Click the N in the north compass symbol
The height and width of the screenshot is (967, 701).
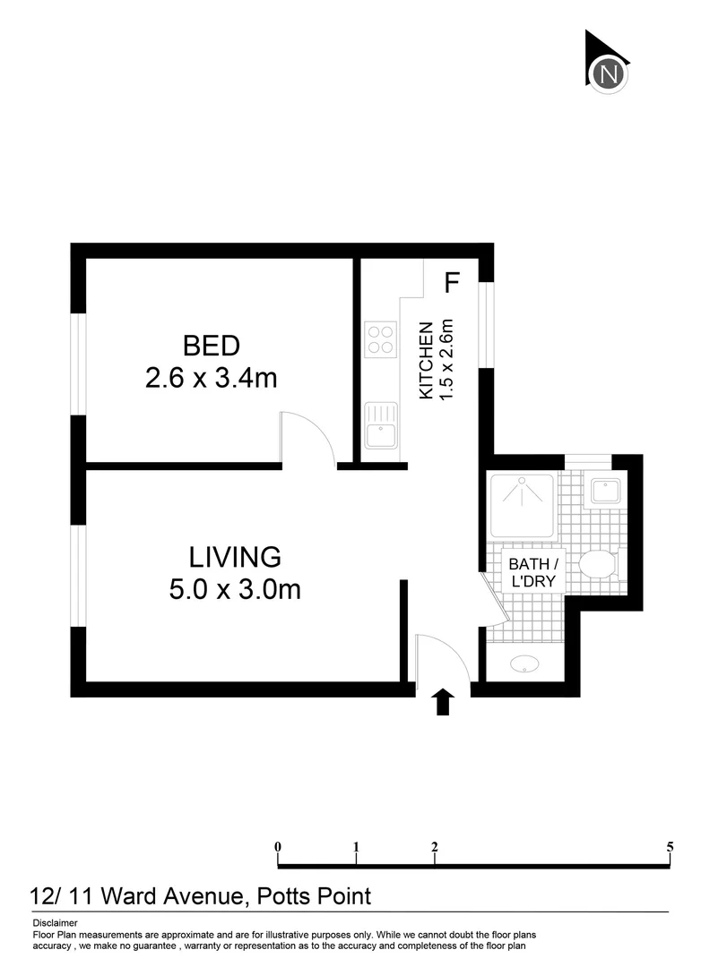point(610,74)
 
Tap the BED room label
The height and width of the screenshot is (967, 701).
point(211,345)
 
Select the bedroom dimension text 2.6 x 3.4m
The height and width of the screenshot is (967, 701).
point(211,378)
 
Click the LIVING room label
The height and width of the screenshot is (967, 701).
point(235,557)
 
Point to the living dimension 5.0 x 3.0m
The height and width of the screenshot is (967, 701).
point(235,589)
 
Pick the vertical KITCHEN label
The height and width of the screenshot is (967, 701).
point(428,360)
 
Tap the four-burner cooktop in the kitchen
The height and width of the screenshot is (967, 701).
point(380,339)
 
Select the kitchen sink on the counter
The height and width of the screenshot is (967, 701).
point(381,425)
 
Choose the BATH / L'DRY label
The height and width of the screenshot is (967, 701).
point(533,572)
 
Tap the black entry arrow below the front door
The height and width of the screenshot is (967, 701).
point(441,701)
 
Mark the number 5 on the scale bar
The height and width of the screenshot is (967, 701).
point(670,846)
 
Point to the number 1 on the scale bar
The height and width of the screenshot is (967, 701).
point(357,846)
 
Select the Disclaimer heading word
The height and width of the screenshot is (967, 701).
point(55,922)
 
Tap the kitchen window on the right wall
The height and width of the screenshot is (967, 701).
point(485,325)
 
